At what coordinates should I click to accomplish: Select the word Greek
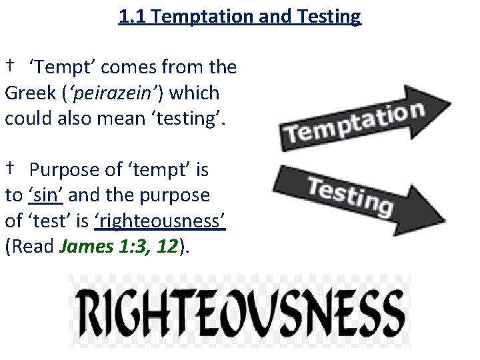30,93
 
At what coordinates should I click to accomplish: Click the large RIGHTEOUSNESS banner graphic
239,310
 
